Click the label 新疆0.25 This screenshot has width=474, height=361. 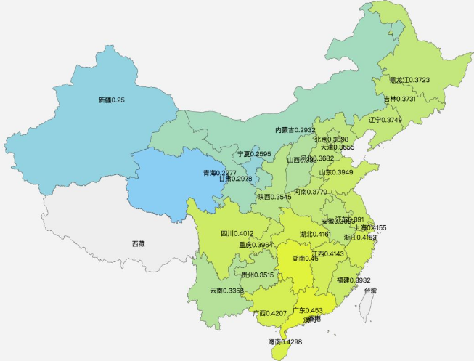[112, 100]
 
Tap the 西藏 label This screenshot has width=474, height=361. [138, 243]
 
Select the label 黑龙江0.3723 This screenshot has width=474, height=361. [409, 79]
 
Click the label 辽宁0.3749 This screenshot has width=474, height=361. [385, 119]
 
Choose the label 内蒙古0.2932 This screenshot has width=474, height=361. [295, 129]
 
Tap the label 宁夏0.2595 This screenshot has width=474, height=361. [254, 154]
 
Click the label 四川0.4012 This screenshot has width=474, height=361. [237, 234]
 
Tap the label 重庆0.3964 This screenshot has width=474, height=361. [256, 246]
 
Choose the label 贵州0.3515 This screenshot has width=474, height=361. [258, 275]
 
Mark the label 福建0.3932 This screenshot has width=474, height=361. [354, 280]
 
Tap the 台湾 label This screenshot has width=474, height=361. [370, 291]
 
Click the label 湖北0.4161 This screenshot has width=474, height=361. [315, 235]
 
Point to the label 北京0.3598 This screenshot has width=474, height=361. [332, 138]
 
